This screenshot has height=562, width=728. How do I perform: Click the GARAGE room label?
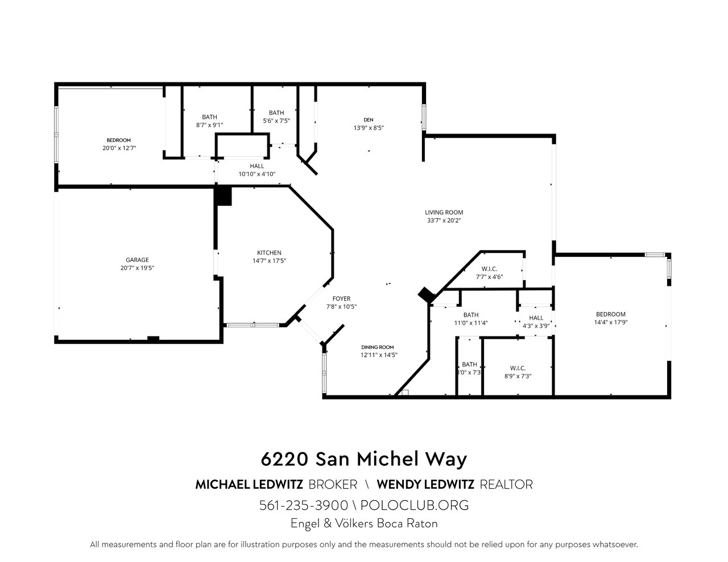click(137, 260)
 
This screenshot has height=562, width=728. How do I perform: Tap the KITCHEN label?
click(269, 253)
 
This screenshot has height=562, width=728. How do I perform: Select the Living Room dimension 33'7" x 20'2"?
click(444, 220)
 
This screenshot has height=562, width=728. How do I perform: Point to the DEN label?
click(369, 120)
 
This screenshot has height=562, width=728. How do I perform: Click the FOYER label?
click(341, 298)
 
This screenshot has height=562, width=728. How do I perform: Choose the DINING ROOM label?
click(377, 347)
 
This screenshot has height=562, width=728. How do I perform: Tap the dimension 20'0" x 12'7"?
click(119, 148)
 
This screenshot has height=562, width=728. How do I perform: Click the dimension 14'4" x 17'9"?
click(611, 322)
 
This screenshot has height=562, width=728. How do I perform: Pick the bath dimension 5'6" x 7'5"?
click(276, 120)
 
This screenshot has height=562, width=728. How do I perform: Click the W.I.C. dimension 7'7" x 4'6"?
click(490, 277)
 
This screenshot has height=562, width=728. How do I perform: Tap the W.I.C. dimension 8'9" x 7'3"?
click(518, 376)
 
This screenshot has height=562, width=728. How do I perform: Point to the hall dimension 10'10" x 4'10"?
click(257, 174)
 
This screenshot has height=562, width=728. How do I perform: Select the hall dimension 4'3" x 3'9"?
click(536, 326)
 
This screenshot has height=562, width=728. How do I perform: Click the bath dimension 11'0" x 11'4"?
click(471, 323)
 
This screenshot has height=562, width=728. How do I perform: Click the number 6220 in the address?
click(284, 459)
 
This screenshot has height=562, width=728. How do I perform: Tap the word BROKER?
click(333, 485)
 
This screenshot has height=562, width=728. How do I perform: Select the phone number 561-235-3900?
click(304, 505)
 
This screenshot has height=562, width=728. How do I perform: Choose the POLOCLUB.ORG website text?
click(415, 505)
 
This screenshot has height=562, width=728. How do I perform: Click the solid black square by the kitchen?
click(223, 196)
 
